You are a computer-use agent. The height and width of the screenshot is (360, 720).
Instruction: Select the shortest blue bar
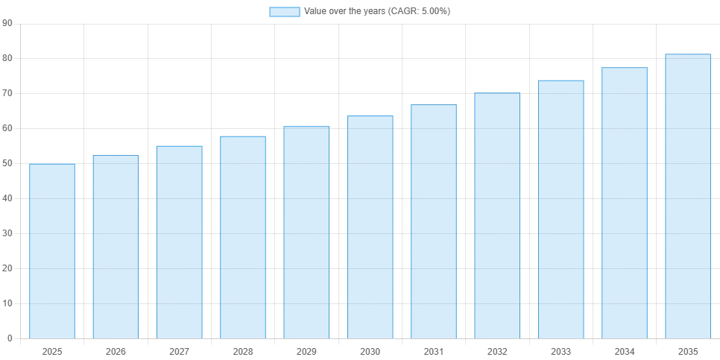tap(51, 250)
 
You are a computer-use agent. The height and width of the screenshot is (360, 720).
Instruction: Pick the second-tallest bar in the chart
tap(624, 202)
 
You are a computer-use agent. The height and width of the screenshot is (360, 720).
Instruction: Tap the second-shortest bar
tap(116, 247)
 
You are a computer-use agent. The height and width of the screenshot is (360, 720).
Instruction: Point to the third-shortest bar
tap(179, 241)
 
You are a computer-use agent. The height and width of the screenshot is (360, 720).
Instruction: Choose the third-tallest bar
tap(560, 208)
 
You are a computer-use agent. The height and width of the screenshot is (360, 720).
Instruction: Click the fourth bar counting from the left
tap(242, 236)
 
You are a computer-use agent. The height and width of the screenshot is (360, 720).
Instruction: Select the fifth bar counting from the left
tap(306, 232)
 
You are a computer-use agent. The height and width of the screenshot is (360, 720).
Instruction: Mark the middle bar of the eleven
tap(370, 226)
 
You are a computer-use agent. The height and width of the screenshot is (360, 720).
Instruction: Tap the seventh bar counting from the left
tap(433, 220)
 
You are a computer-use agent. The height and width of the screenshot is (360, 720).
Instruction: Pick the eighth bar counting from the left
tap(497, 215)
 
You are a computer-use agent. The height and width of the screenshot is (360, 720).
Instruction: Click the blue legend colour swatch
tap(285, 12)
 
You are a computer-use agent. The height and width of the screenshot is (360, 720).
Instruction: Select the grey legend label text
tap(378, 12)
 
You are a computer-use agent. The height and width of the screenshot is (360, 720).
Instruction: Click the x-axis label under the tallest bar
tap(686, 350)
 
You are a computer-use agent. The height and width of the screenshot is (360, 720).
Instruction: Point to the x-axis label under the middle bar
tap(370, 350)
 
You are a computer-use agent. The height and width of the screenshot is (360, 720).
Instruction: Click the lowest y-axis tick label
tap(9, 338)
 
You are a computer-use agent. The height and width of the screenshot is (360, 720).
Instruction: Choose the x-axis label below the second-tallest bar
tap(624, 350)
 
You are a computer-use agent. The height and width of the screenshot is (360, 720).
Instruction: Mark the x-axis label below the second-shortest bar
tap(116, 350)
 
